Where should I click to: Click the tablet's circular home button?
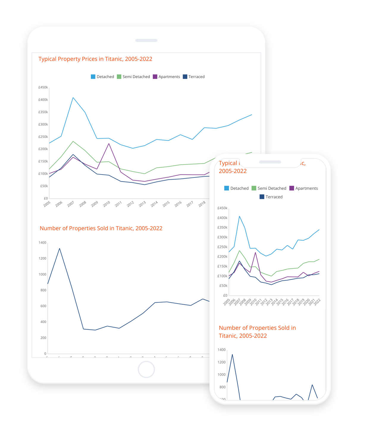click(x=146, y=369)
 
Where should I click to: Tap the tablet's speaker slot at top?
click(x=146, y=40)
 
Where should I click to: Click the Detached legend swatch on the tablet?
click(x=93, y=77)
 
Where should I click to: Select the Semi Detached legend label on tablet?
click(x=136, y=77)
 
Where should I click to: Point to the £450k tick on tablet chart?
click(x=43, y=87)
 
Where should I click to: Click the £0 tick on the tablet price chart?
click(x=46, y=198)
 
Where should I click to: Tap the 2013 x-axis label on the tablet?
click(x=142, y=204)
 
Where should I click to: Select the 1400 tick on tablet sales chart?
click(x=43, y=243)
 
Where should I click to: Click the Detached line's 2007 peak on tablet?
click(x=73, y=97)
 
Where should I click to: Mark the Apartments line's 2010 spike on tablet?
click(x=109, y=144)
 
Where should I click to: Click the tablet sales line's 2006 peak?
click(x=59, y=248)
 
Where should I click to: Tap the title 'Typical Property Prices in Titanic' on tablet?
click(x=95, y=59)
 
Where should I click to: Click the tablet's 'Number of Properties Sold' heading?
click(x=101, y=228)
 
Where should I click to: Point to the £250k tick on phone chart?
click(x=222, y=247)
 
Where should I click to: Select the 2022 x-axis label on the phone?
click(x=317, y=302)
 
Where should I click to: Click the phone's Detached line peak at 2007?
click(x=239, y=216)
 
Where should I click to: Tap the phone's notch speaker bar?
click(x=270, y=162)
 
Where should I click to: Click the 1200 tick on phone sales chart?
click(x=222, y=362)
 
